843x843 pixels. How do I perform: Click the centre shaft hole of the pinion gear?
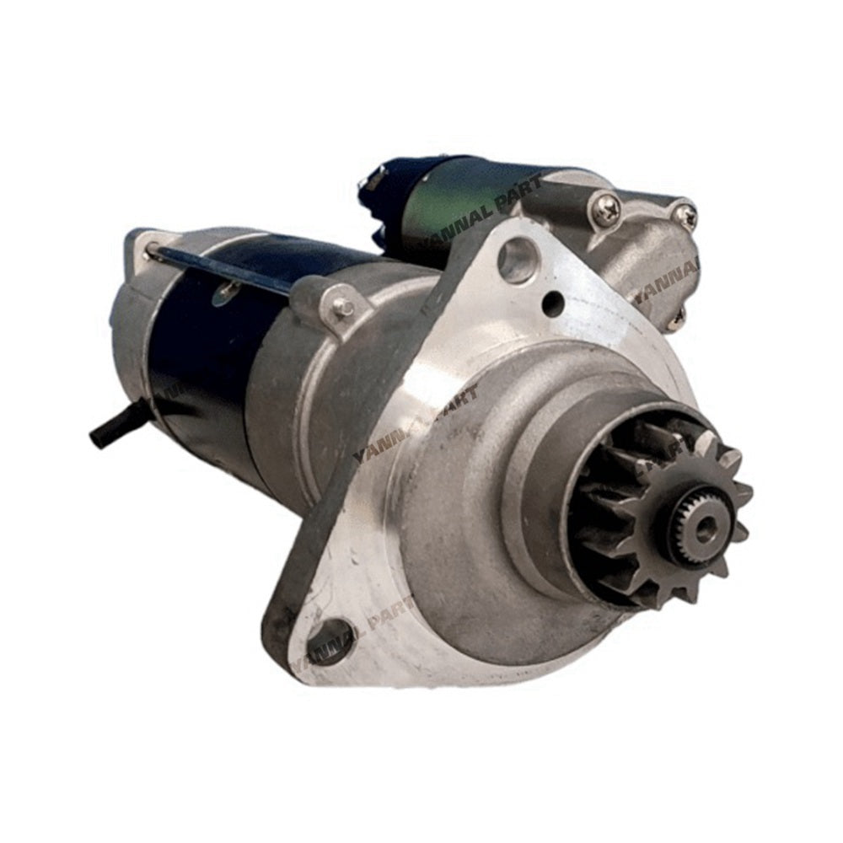(704, 529)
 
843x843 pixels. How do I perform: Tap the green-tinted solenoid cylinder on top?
(472, 198)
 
